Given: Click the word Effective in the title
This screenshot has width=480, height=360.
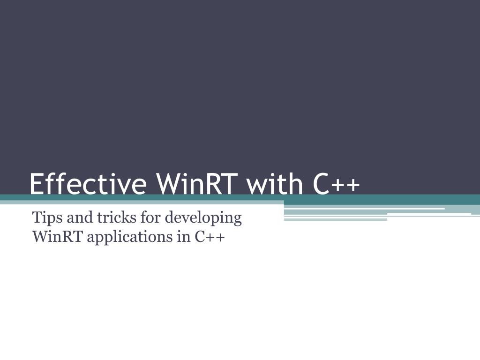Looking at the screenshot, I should [x=87, y=183].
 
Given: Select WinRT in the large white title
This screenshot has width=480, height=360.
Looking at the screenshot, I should [x=196, y=183].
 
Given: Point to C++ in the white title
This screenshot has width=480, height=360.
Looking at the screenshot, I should [x=335, y=183].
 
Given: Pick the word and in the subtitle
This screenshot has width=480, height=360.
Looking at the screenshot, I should [x=70, y=218].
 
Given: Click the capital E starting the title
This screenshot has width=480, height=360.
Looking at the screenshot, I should [x=37, y=183].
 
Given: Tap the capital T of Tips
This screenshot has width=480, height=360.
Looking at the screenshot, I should [x=36, y=218].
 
